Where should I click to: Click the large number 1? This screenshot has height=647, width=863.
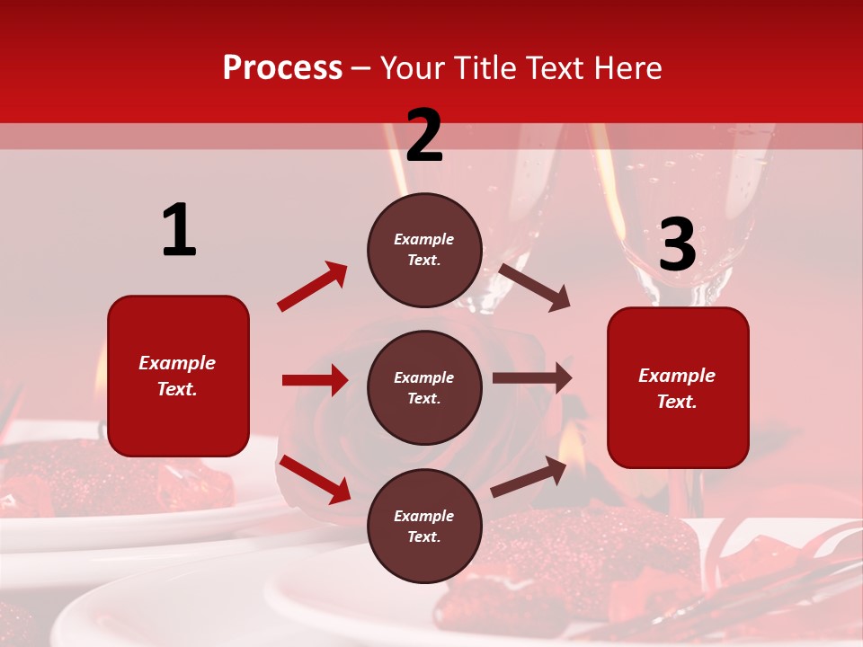[179, 231]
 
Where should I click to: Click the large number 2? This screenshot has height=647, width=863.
[424, 137]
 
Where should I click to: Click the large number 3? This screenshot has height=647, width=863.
[677, 245]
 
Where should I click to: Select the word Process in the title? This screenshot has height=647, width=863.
[282, 67]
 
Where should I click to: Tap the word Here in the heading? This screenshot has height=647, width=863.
[627, 67]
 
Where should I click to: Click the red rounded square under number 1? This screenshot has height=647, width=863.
[178, 376]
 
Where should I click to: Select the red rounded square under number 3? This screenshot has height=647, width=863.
[678, 387]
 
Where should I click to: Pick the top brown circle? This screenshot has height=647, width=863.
[424, 250]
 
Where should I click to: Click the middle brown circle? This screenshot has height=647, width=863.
[424, 387]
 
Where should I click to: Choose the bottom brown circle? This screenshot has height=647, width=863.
[424, 526]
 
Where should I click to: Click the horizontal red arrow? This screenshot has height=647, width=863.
[315, 380]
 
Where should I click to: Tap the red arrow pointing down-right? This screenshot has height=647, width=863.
[315, 479]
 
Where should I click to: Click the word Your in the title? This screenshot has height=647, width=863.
[414, 67]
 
